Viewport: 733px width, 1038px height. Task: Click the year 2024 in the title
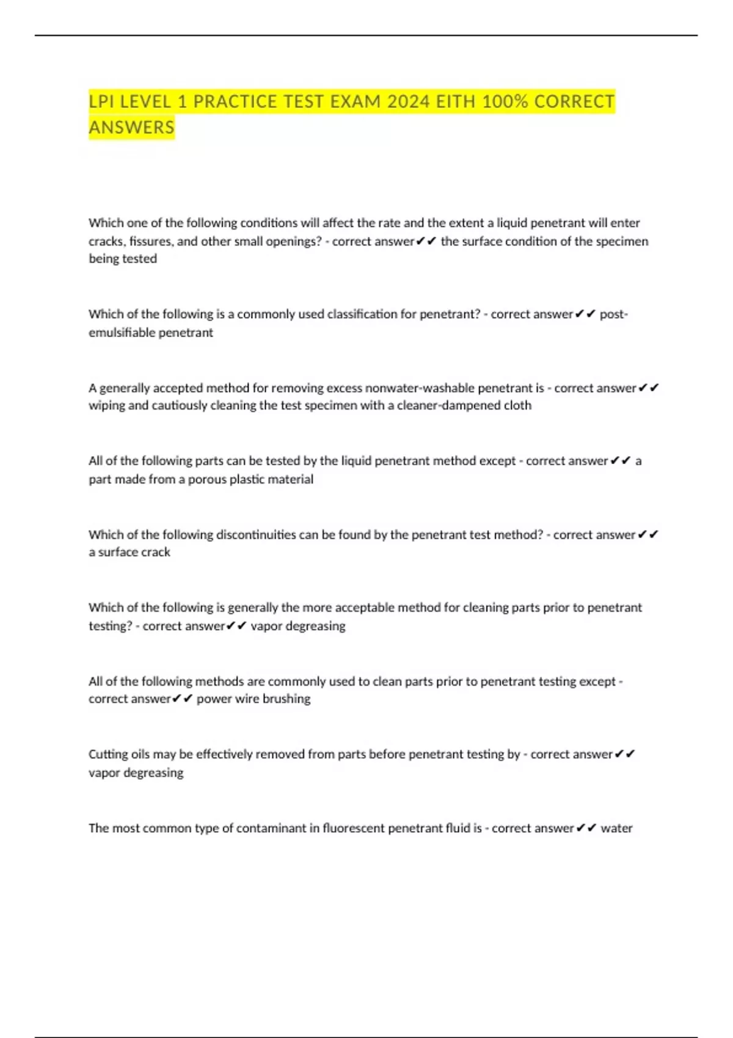pos(408,101)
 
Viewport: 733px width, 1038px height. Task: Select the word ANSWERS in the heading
pos(131,128)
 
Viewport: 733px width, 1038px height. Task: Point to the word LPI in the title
pos(102,101)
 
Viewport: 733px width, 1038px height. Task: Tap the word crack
pos(156,552)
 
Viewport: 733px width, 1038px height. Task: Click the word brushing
pos(286,699)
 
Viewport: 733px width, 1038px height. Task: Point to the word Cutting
pos(108,755)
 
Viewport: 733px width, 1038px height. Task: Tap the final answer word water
pos(616,829)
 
